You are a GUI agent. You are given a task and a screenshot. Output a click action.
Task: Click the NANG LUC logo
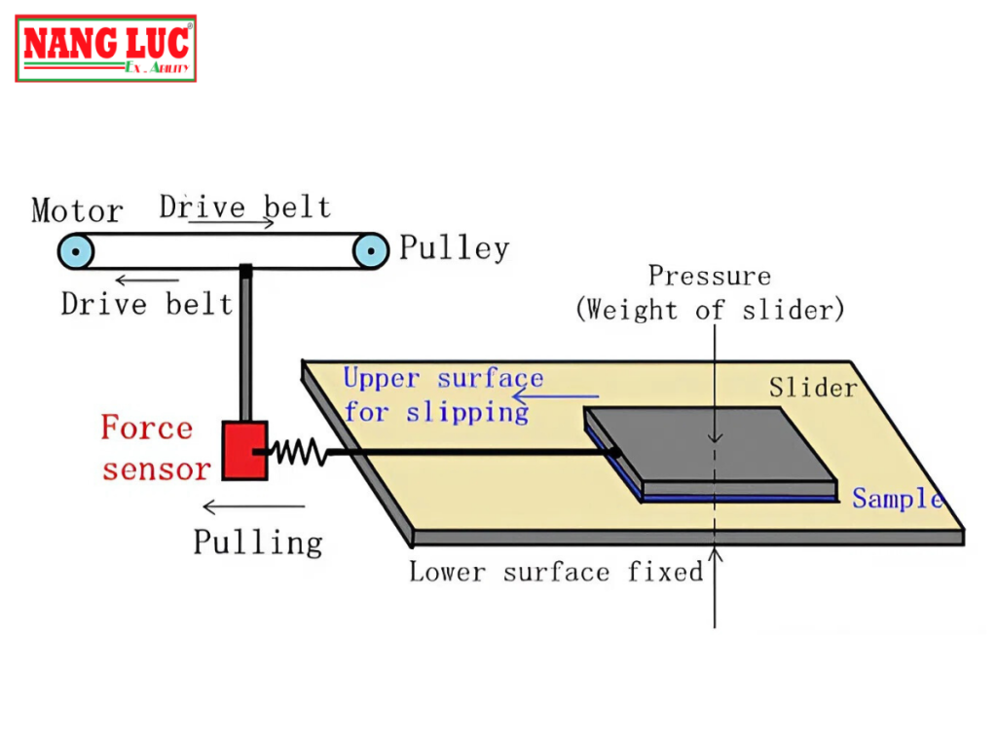click(x=106, y=48)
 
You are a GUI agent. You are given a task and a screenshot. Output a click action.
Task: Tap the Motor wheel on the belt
click(x=75, y=252)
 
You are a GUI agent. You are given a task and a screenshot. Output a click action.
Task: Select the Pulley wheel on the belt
click(x=368, y=252)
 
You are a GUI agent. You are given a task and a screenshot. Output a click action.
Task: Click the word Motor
click(x=77, y=210)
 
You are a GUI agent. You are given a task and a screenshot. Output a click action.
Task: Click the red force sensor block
click(x=244, y=450)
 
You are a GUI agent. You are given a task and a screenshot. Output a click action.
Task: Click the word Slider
click(x=813, y=388)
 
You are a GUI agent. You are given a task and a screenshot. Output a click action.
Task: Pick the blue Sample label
click(x=897, y=499)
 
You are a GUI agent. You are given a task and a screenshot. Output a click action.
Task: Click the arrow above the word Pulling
click(x=253, y=506)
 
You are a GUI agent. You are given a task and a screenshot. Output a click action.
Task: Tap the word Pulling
click(x=257, y=542)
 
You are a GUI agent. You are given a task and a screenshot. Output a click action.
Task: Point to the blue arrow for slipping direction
click(x=556, y=396)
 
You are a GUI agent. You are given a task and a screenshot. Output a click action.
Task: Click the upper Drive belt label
click(x=244, y=206)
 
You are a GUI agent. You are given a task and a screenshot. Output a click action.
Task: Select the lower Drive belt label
click(x=146, y=303)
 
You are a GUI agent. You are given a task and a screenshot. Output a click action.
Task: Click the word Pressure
click(x=710, y=277)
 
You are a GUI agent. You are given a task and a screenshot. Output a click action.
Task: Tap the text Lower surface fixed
click(x=555, y=571)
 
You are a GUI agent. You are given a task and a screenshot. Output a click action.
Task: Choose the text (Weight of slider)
click(x=710, y=310)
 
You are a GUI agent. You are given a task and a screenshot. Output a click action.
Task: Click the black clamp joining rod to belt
click(x=246, y=270)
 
